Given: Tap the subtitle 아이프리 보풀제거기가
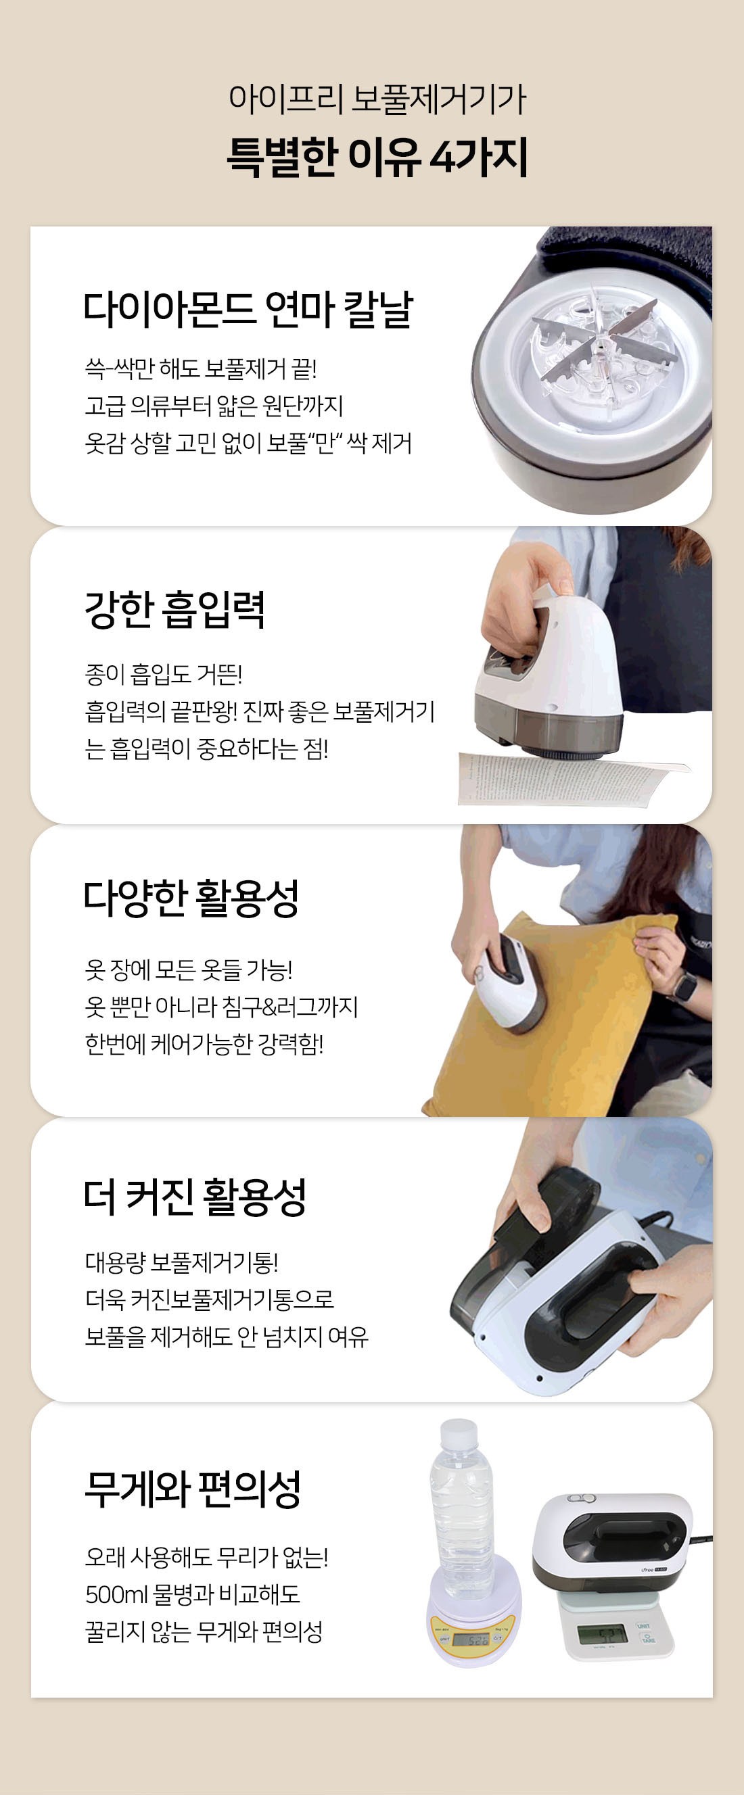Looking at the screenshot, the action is [377, 99].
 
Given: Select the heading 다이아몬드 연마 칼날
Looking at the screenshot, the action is [248, 310].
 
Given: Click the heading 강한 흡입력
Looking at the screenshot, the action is [175, 609].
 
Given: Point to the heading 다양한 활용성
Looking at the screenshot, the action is [191, 898].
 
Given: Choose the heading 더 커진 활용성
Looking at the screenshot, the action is [195, 1197].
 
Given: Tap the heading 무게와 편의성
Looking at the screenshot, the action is [193, 1489].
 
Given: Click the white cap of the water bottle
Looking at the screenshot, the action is [459, 1434].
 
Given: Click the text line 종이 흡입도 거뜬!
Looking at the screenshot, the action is [163, 674].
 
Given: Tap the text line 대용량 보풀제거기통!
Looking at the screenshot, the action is [181, 1262].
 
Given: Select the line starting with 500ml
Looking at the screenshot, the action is [193, 1594].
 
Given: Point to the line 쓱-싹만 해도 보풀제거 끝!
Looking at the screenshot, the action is [201, 368].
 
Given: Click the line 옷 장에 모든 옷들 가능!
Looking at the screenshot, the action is [188, 969].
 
